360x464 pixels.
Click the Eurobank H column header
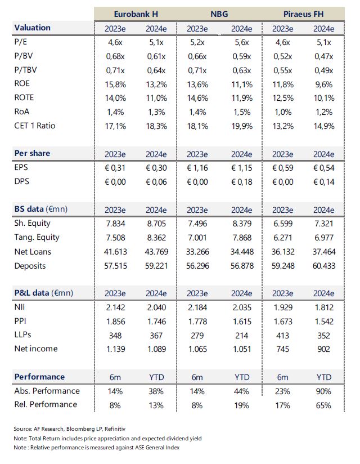point(134,13)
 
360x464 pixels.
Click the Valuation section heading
point(32,28)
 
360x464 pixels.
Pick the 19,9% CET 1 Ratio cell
point(241,126)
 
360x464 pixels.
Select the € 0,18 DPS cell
point(241,182)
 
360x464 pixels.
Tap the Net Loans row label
point(33,252)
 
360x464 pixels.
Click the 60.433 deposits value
point(323,266)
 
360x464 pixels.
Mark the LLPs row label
point(24,336)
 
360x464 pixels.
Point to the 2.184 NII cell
point(200,307)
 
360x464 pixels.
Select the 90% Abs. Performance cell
point(323,391)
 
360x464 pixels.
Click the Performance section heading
point(39,377)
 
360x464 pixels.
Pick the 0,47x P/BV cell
point(323,56)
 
